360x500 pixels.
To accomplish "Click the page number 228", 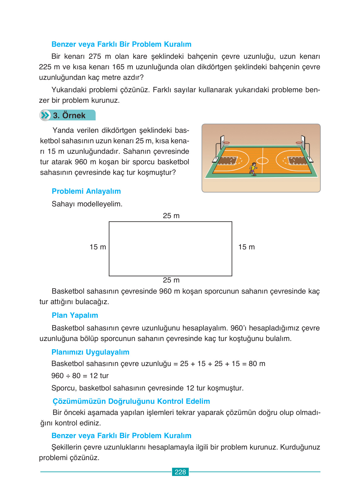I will [x=180, y=472].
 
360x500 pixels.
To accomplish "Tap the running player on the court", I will [x=253, y=169].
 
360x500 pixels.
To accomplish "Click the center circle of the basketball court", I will [x=262, y=161].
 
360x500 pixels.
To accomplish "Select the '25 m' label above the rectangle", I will [x=171, y=216].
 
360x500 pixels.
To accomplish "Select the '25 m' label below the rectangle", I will [x=171, y=280].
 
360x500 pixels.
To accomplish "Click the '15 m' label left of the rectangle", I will [x=98, y=247].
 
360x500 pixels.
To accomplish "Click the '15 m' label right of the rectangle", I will [x=246, y=247].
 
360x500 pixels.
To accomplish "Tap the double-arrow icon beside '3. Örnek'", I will [x=45, y=115].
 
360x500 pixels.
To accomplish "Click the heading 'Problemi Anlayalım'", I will [x=86, y=191].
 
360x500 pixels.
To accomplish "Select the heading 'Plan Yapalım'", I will [x=75, y=315].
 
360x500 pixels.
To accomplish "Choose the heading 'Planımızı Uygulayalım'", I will [x=90, y=352].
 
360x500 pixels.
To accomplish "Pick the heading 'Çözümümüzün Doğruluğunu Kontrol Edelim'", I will [x=131, y=401].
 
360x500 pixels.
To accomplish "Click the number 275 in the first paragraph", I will [x=95, y=56].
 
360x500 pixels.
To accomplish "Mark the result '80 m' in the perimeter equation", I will [x=257, y=364].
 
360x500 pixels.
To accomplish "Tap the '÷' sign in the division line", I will [x=68, y=376].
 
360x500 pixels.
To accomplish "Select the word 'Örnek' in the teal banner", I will [x=74, y=115].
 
